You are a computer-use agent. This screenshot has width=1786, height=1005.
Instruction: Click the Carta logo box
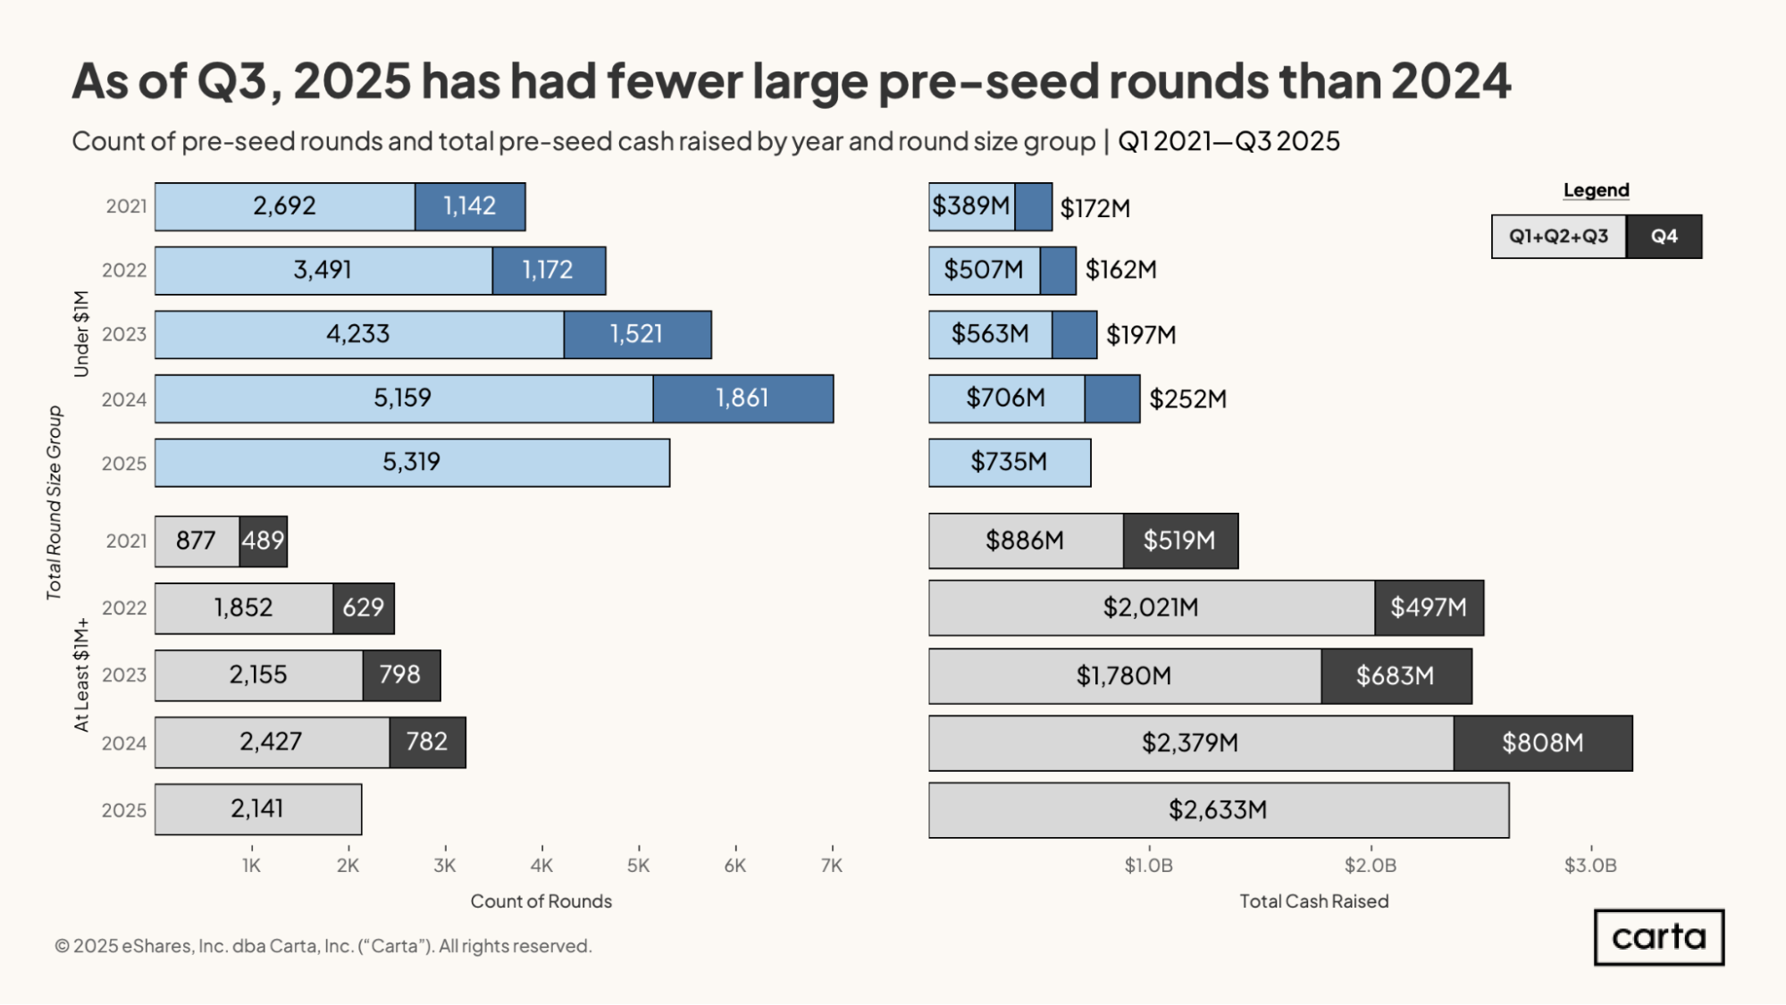[1658, 937]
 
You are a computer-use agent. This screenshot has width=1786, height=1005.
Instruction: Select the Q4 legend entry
[1664, 237]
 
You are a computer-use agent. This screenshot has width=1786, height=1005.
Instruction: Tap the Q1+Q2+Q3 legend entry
[1558, 237]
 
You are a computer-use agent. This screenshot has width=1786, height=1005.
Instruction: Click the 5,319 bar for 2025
[412, 463]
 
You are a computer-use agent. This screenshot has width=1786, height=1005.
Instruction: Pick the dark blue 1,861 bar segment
[742, 398]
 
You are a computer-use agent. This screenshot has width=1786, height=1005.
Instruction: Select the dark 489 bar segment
[264, 541]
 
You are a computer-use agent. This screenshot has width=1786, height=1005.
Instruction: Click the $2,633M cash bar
[1218, 810]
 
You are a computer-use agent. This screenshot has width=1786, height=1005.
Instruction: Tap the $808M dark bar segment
[1542, 743]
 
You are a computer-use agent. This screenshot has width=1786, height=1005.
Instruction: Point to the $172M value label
[1094, 209]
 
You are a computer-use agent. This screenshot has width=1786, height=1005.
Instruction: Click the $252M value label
[1187, 399]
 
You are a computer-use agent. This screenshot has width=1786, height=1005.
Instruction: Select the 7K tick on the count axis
[831, 865]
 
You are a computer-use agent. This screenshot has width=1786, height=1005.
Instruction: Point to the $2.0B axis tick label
[1370, 865]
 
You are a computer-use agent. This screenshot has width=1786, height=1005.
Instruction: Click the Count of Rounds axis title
[541, 901]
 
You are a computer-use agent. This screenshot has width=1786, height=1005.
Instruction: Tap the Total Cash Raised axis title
[1313, 901]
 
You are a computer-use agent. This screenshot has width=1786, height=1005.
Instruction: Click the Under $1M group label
[81, 333]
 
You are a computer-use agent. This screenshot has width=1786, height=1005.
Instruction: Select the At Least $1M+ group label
[81, 674]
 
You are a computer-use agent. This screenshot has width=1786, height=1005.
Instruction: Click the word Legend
[1596, 190]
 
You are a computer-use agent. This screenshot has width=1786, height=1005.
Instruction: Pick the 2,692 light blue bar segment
[284, 206]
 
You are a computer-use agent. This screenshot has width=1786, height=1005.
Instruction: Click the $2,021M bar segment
[1151, 608]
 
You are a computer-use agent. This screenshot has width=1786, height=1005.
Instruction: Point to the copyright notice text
[323, 946]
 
